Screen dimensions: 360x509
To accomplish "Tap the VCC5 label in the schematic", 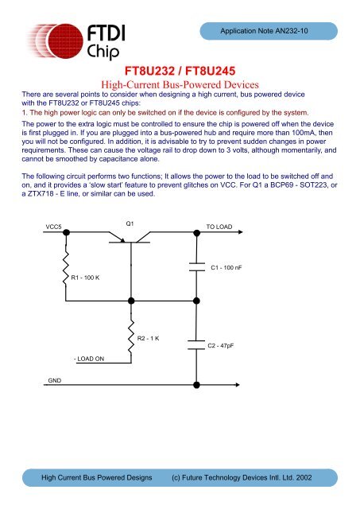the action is point(53,227).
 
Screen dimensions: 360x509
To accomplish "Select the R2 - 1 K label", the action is point(149,339).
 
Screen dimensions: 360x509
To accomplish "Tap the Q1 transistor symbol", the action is point(131,238).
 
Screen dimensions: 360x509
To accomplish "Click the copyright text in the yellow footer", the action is point(247,480).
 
